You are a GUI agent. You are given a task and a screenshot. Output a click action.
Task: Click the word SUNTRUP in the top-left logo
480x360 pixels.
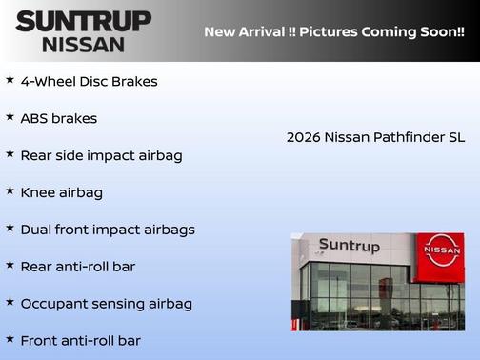click(x=84, y=21)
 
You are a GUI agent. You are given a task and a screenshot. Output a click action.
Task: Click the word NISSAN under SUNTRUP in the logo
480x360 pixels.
click(x=84, y=44)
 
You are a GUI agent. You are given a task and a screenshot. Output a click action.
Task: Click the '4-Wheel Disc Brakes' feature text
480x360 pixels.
click(x=89, y=81)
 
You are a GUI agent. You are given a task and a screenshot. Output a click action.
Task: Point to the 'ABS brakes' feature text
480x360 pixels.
click(x=58, y=118)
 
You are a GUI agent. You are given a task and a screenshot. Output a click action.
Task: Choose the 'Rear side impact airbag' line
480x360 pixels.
click(x=101, y=155)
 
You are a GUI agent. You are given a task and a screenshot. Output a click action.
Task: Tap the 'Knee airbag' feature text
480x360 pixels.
click(x=61, y=192)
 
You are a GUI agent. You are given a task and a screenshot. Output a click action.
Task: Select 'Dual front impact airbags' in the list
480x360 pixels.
click(x=107, y=230)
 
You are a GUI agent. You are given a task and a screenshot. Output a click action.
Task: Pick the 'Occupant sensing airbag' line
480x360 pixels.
click(x=106, y=304)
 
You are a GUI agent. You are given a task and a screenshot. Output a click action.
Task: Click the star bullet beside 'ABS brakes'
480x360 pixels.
click(x=10, y=116)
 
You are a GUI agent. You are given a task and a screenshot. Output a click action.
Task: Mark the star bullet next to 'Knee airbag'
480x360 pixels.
click(x=10, y=190)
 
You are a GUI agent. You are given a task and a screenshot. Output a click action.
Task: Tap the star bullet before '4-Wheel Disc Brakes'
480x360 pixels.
click(x=10, y=79)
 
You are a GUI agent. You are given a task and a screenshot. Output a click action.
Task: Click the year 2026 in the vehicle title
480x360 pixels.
click(x=303, y=137)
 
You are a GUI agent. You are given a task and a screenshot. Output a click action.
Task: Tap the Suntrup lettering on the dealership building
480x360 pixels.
click(x=349, y=246)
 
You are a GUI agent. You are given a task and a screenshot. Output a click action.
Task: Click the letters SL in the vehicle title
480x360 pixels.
click(x=456, y=137)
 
